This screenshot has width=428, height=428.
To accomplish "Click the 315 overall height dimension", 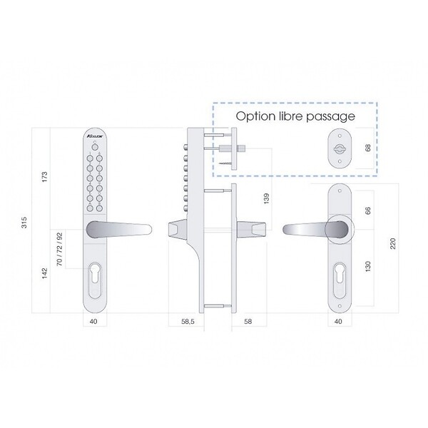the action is click(x=24, y=223).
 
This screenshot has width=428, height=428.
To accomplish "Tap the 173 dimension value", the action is click(x=45, y=177).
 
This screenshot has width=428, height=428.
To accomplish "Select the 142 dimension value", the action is click(x=45, y=273).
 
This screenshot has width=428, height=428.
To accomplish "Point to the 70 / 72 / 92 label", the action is click(x=59, y=249).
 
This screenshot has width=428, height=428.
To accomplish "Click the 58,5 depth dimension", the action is click(x=188, y=321).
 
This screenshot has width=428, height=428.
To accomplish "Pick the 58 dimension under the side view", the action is click(x=248, y=321).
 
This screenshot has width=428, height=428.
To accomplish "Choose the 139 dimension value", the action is click(x=266, y=198).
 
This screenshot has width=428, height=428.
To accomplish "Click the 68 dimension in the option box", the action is click(x=368, y=148).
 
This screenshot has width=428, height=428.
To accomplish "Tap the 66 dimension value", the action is click(x=368, y=210).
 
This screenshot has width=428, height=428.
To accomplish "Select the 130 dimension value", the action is click(x=368, y=266).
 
